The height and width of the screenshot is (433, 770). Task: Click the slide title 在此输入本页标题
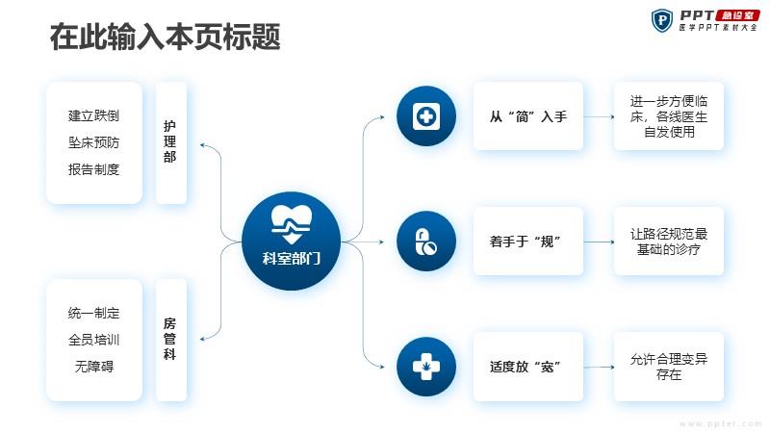(165, 37)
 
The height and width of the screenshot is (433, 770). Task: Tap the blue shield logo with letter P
(662, 20)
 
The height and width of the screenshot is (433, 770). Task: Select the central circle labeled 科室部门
(292, 242)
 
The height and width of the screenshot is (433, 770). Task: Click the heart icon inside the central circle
(292, 224)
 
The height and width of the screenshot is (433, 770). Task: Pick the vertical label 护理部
(170, 141)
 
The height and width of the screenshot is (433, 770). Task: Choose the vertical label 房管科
(170, 339)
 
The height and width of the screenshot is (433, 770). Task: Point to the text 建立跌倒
(93, 115)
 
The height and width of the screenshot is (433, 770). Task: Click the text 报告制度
(93, 169)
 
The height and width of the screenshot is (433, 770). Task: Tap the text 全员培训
(93, 340)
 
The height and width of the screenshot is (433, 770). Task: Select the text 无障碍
(93, 367)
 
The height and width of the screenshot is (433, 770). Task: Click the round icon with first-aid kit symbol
(426, 115)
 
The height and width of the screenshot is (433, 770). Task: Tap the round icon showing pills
(426, 242)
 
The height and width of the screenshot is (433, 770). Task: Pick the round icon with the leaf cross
(426, 367)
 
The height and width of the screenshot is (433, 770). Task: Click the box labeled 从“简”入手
(528, 116)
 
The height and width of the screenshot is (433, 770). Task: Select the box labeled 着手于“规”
(528, 242)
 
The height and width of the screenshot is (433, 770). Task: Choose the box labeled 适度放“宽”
(528, 367)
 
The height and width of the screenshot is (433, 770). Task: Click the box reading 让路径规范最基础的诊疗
(669, 242)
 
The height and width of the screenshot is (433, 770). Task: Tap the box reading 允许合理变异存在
(669, 367)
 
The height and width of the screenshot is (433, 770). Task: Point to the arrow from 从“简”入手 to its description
(599, 116)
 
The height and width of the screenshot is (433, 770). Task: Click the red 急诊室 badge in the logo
(737, 15)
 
